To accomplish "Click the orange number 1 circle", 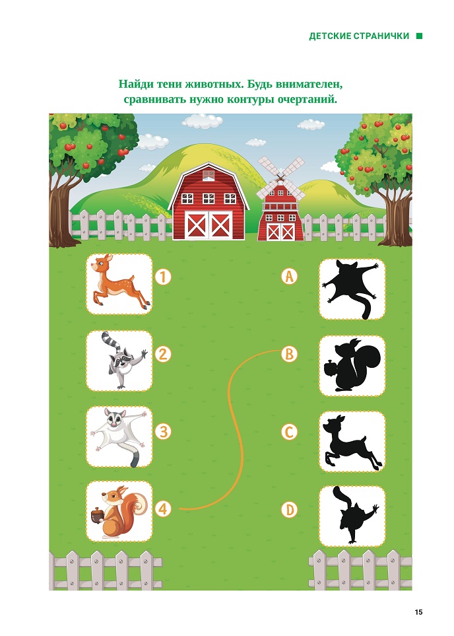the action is tap(163, 277).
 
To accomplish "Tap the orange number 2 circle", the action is tap(162, 354).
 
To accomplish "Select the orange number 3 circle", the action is tap(163, 431).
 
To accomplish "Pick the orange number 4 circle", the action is tap(162, 509).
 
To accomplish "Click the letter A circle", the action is tap(289, 276).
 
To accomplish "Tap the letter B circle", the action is tap(289, 354).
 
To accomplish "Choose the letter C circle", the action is tap(289, 432).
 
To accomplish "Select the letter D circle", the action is tap(289, 509).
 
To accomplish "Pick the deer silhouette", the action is tap(352, 442).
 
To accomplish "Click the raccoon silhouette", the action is tap(355, 515).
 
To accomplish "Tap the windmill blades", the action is tap(280, 179).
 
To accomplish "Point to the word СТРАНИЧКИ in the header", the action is tap(381, 36).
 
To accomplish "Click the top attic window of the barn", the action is tap(209, 176).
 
